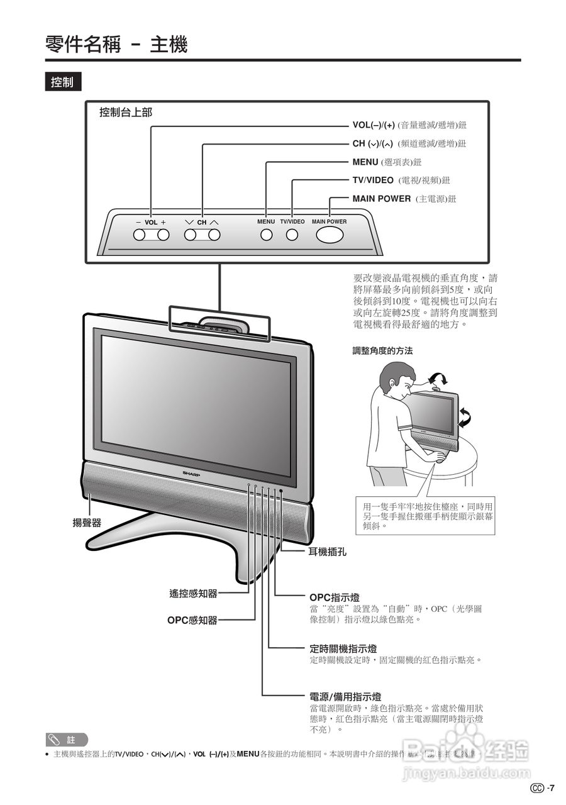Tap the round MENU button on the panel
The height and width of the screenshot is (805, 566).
266,235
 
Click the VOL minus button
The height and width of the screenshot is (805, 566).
139,235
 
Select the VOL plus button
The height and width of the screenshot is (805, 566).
164,235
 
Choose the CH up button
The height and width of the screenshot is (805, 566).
214,235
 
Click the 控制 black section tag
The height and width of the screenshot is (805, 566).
63,82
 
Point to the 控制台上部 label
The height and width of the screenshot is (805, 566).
126,113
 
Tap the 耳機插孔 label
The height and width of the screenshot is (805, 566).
327,552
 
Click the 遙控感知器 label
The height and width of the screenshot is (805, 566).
193,592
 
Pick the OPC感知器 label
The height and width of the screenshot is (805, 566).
192,620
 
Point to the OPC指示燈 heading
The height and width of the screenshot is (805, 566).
335,597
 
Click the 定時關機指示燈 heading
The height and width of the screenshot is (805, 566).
343,648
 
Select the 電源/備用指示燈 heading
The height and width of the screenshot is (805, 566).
345,697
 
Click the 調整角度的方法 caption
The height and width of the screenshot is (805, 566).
382,351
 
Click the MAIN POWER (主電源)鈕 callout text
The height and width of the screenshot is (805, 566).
404,199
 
